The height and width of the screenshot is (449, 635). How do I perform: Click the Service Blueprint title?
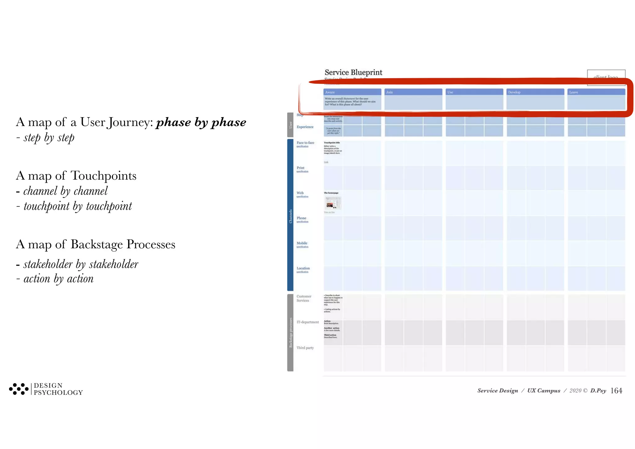coord(353,72)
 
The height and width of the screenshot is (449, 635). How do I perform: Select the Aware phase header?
coord(352,92)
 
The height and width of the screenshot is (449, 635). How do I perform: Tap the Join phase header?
coord(413,92)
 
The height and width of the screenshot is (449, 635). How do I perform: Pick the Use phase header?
coord(474,92)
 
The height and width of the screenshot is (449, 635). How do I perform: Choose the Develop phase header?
coord(535,92)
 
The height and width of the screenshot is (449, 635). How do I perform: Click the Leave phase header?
coord(596,92)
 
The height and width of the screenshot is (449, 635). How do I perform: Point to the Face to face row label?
coord(305,143)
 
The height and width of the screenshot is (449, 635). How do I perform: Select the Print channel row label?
coord(300,168)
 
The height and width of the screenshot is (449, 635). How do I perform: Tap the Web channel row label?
coord(300,193)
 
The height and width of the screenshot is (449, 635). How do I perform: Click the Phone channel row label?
coord(301,218)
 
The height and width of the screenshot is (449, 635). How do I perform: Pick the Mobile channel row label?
coord(302,243)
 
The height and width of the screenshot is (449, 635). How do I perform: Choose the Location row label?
coord(303,268)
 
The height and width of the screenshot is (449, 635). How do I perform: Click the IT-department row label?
coord(307,322)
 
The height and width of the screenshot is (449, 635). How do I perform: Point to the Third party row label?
coord(305,348)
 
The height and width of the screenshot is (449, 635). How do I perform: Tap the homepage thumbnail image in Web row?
coord(333,203)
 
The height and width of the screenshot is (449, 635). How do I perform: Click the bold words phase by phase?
coord(201,122)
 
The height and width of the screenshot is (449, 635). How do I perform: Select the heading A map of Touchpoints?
coord(76,176)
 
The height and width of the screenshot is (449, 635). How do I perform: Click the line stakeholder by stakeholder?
coord(81,264)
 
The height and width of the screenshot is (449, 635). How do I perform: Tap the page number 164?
coord(616,391)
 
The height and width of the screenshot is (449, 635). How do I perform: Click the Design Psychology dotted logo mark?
coord(19,389)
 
